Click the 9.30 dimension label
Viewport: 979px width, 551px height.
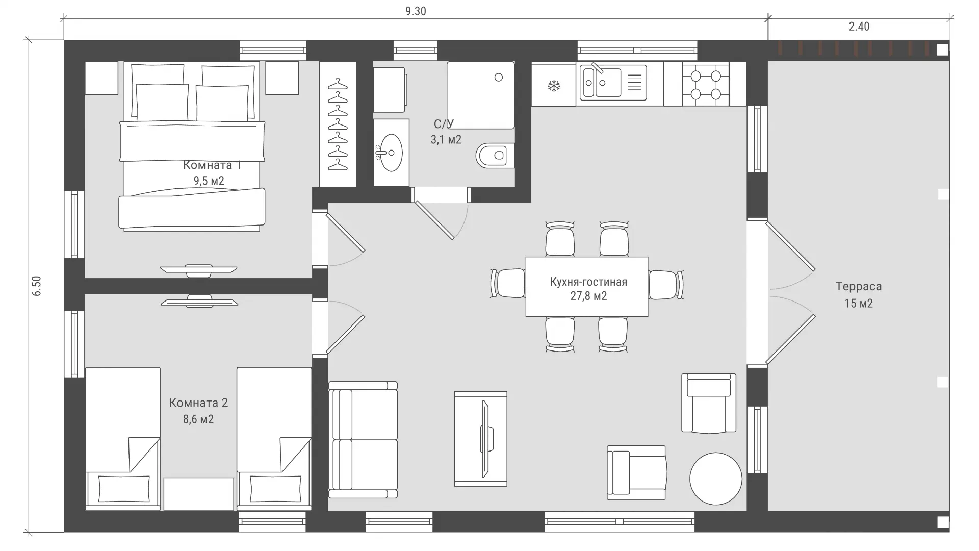click(416, 11)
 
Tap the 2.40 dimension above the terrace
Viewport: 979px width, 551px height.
click(859, 27)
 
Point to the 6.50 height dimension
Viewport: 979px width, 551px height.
click(37, 286)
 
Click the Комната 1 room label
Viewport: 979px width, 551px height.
click(212, 165)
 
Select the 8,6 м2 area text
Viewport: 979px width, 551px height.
click(198, 419)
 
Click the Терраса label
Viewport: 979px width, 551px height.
click(859, 286)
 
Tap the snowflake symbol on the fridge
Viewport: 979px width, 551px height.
click(554, 86)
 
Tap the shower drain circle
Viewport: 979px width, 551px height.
click(499, 78)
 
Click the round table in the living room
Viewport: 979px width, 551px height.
click(715, 479)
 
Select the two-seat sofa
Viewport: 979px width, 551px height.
click(363, 440)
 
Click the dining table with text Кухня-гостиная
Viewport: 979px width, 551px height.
click(587, 287)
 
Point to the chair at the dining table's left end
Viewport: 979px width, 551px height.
click(508, 283)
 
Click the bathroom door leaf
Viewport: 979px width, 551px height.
click(434, 220)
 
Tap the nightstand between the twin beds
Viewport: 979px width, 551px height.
click(198, 494)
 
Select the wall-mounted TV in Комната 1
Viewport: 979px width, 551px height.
click(198, 270)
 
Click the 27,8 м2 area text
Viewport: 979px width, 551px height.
click(588, 296)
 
